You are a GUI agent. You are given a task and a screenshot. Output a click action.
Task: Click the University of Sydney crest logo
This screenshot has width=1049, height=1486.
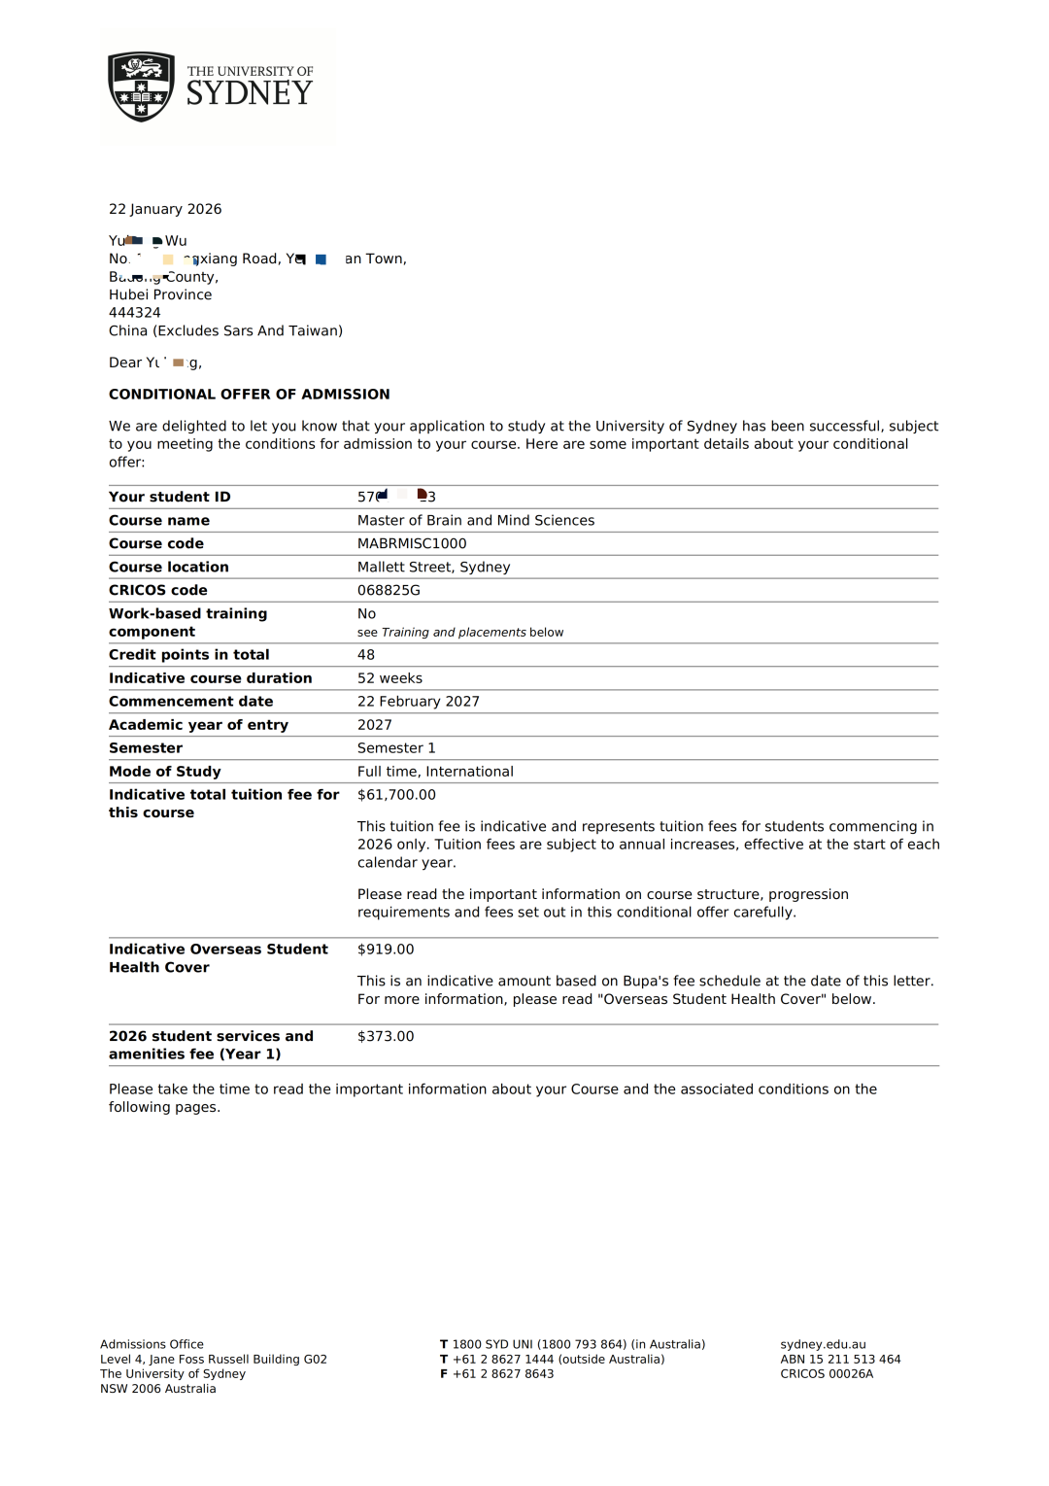point(142,86)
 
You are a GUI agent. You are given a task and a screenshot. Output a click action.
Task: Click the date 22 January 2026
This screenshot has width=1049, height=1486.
point(165,209)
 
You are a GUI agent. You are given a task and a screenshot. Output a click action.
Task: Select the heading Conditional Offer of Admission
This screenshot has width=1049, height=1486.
point(249,395)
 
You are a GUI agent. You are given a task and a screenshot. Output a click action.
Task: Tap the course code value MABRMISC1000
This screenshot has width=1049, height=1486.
point(412,543)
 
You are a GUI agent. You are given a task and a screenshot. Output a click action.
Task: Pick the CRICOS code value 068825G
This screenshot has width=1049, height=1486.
point(389,590)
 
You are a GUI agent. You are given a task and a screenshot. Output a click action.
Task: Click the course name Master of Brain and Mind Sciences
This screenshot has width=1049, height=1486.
point(476,520)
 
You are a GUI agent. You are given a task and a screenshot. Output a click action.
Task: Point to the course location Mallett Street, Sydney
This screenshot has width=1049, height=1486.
point(433,567)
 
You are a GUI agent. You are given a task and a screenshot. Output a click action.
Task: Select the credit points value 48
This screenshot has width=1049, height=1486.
point(366,655)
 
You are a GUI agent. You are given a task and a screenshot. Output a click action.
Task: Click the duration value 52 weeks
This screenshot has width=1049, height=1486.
point(389,678)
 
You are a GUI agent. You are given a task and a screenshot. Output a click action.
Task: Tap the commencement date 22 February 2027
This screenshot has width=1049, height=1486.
point(418,702)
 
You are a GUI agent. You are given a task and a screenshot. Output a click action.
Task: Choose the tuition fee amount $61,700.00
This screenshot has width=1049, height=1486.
point(396,795)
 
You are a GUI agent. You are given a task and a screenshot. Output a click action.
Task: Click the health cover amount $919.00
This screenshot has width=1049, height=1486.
point(386,950)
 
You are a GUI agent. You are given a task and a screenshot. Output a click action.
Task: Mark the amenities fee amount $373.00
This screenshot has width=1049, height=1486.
point(386,1037)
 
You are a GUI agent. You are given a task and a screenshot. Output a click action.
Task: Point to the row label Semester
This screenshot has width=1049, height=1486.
point(146,748)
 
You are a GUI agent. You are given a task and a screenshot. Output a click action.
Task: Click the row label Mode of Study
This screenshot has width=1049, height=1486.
point(165,772)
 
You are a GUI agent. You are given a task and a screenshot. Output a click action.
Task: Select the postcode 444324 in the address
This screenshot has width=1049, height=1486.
point(135,313)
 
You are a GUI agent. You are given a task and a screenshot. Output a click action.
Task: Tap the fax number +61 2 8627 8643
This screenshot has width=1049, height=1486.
point(503,1374)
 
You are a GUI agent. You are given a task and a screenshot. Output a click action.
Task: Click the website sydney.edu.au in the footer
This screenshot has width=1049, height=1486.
point(823,1345)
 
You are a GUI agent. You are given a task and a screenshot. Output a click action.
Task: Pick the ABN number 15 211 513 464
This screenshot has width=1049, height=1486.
point(855,1360)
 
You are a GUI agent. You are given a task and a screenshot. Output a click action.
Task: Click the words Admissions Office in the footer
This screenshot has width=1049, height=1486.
point(152,1345)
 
